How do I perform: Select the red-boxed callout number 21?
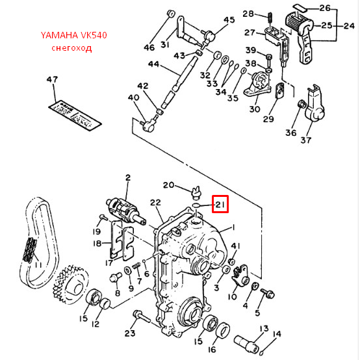[220, 206]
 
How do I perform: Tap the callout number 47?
[52, 80]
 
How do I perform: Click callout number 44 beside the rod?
[153, 64]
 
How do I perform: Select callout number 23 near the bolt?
[130, 333]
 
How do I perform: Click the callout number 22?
[155, 203]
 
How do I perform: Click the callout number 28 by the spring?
[248, 14]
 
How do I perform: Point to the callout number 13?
[264, 328]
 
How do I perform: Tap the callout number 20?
[168, 185]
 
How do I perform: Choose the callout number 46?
[149, 48]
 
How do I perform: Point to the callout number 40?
[134, 98]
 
